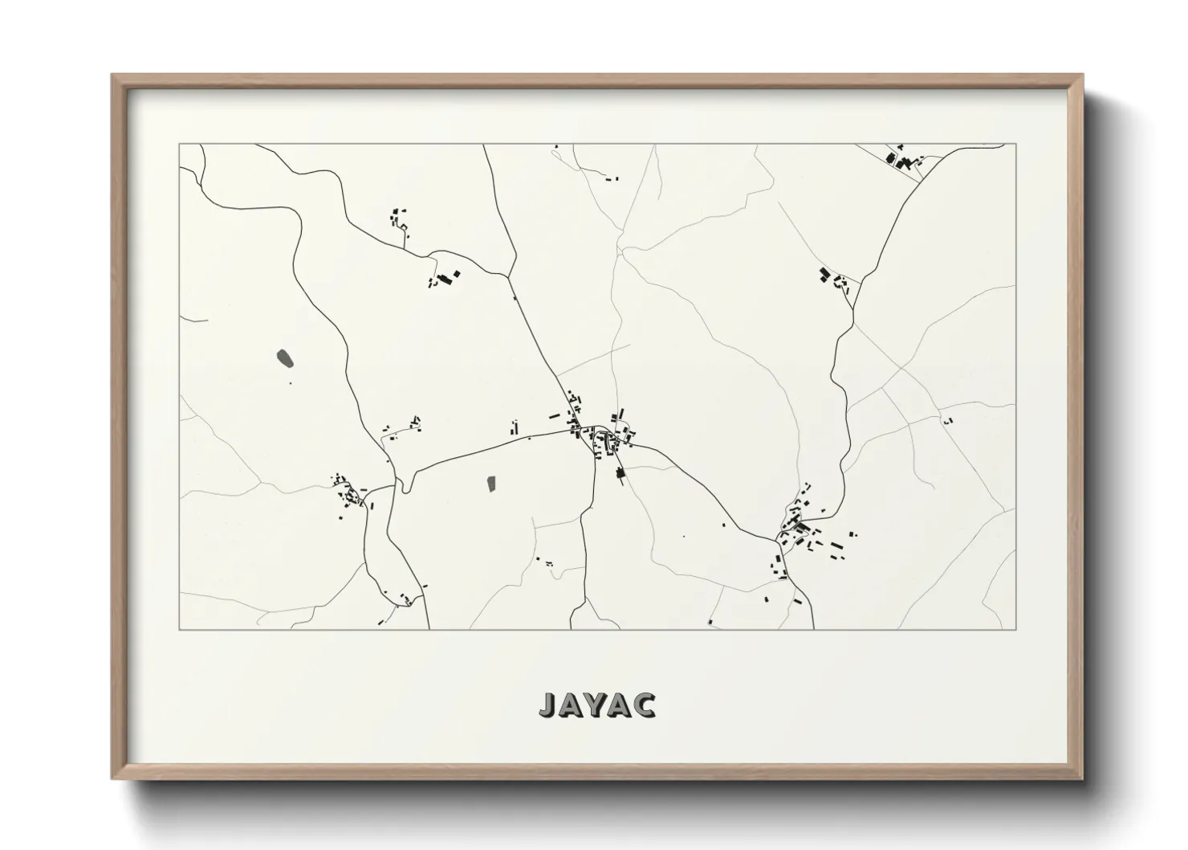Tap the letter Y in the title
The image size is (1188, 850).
(x=596, y=704)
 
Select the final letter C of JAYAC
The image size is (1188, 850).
(x=645, y=704)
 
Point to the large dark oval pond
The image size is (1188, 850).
(x=284, y=358)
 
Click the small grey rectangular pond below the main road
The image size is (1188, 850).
(x=491, y=484)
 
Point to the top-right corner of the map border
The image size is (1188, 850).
(x=1016, y=144)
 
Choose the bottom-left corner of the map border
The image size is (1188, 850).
(x=179, y=629)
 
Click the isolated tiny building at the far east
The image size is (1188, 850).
(x=948, y=420)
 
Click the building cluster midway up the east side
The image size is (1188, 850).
(x=832, y=278)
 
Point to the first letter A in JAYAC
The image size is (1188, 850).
(x=572, y=704)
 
